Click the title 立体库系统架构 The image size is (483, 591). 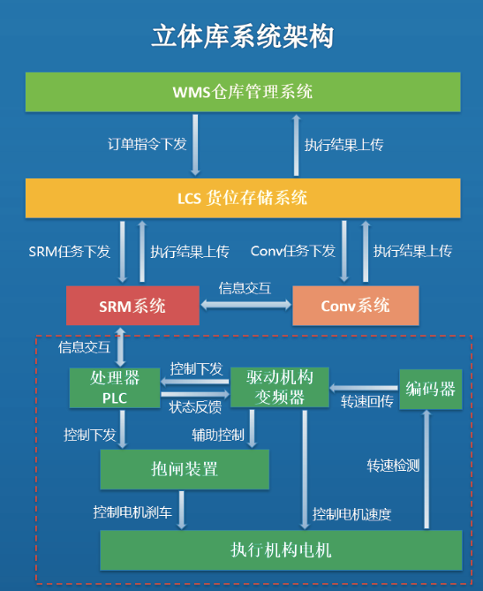242,36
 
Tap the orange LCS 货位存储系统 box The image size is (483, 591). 243,198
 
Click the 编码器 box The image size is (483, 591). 431,388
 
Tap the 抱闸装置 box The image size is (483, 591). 184,469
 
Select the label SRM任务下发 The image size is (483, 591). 70,252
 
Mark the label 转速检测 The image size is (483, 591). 393,465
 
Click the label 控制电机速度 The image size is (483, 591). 351,513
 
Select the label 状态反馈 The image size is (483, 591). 196,406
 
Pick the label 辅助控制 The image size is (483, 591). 218,435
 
